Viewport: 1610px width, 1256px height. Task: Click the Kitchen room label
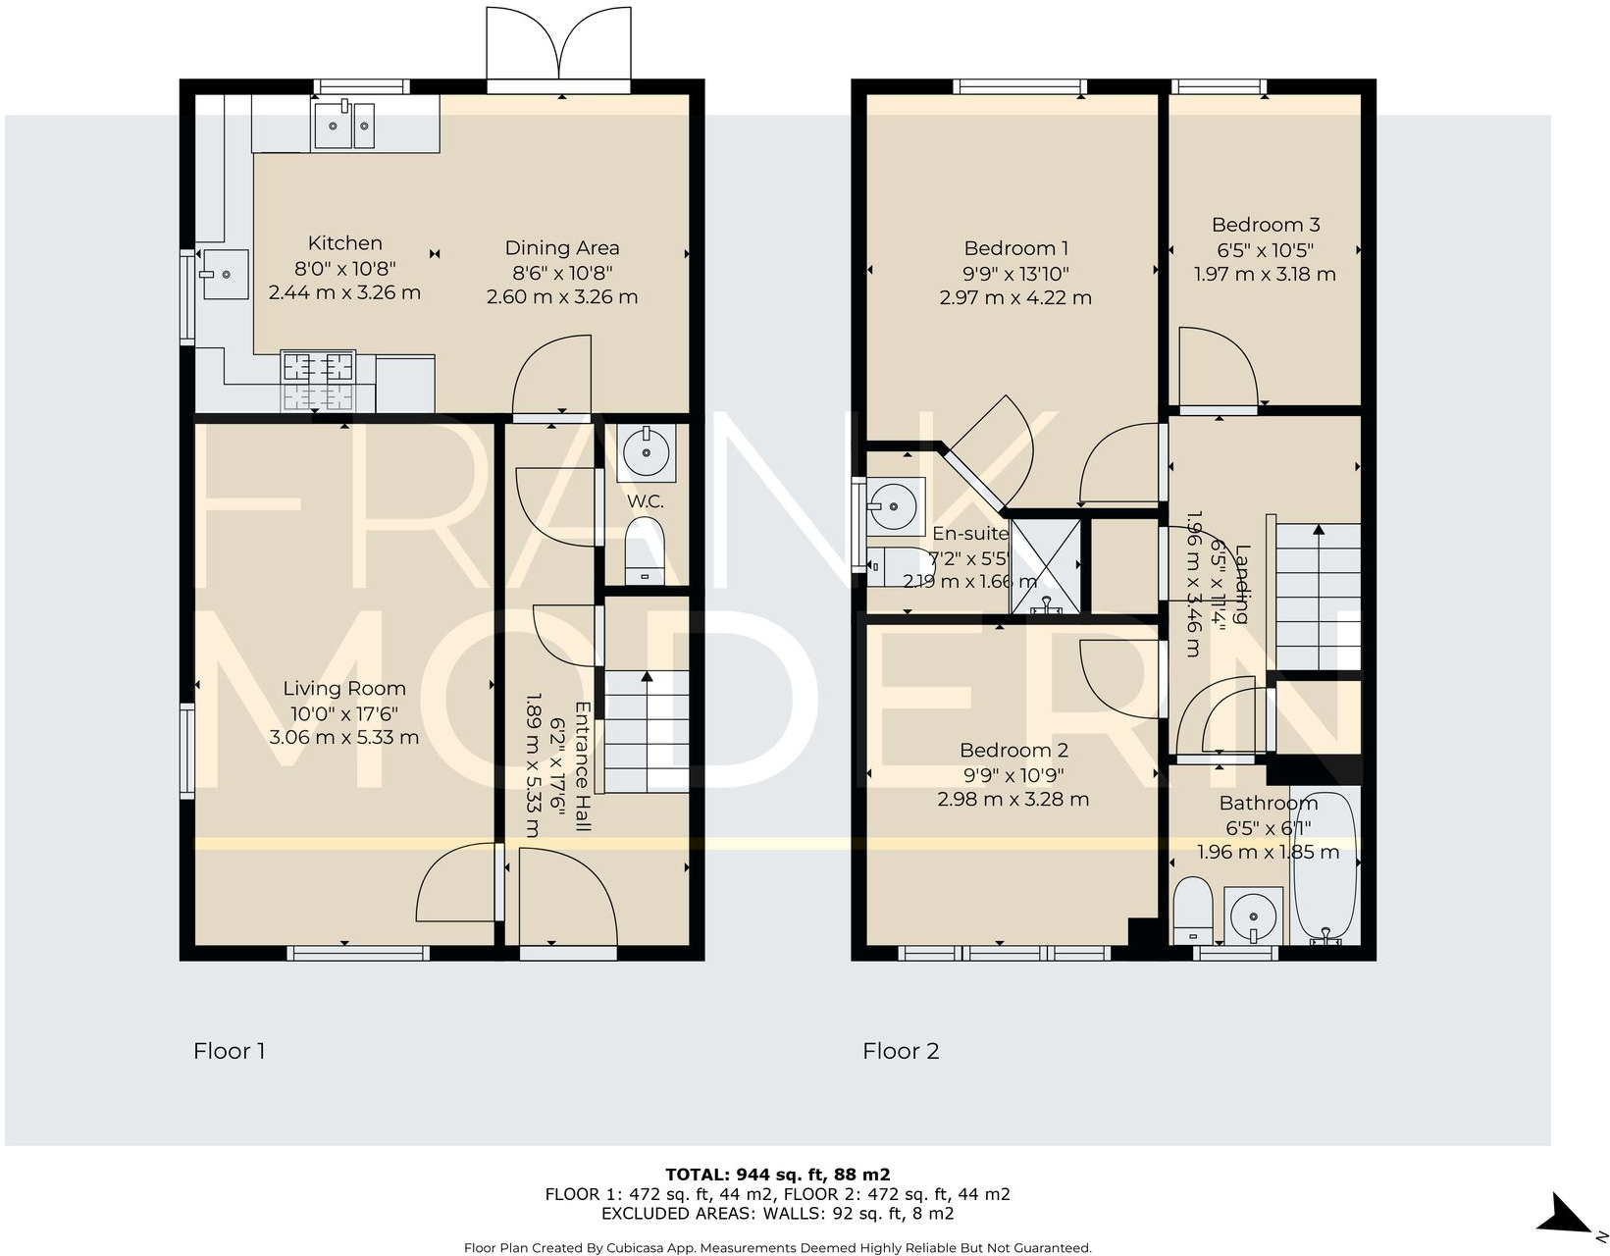tap(344, 243)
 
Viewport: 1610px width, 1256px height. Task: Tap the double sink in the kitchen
tap(343, 126)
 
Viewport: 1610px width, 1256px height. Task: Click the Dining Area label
tap(561, 248)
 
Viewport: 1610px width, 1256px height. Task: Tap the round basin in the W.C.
tap(646, 452)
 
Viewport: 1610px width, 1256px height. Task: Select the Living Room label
tap(343, 688)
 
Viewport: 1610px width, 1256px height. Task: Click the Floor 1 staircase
tap(646, 731)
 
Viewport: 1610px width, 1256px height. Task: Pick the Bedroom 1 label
tap(1014, 248)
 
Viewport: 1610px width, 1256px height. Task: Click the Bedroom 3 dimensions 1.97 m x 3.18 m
tap(1264, 275)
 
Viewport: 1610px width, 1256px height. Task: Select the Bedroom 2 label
tap(1013, 751)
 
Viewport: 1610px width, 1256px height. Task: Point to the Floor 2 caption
tap(900, 1051)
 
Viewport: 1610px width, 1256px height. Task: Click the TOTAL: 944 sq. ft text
tap(777, 1174)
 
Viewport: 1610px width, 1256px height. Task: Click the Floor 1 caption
tap(229, 1051)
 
